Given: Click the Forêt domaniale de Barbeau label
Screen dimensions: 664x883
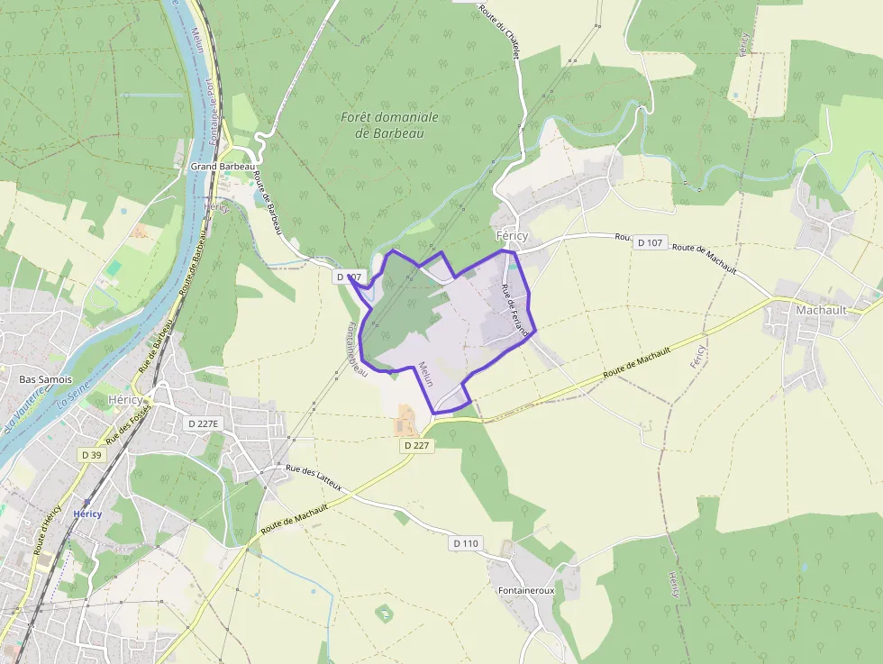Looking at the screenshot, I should click(x=389, y=124).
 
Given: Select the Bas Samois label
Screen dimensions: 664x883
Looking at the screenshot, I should click(x=45, y=379).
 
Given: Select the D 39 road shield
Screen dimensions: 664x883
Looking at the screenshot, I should click(x=92, y=455).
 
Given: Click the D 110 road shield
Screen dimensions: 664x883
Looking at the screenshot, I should click(x=466, y=543).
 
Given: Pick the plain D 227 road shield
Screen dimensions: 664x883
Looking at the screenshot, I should click(x=415, y=445).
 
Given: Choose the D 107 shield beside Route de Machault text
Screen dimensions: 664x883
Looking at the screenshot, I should click(x=650, y=242).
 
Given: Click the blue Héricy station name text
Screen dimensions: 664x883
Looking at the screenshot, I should click(x=87, y=514).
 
